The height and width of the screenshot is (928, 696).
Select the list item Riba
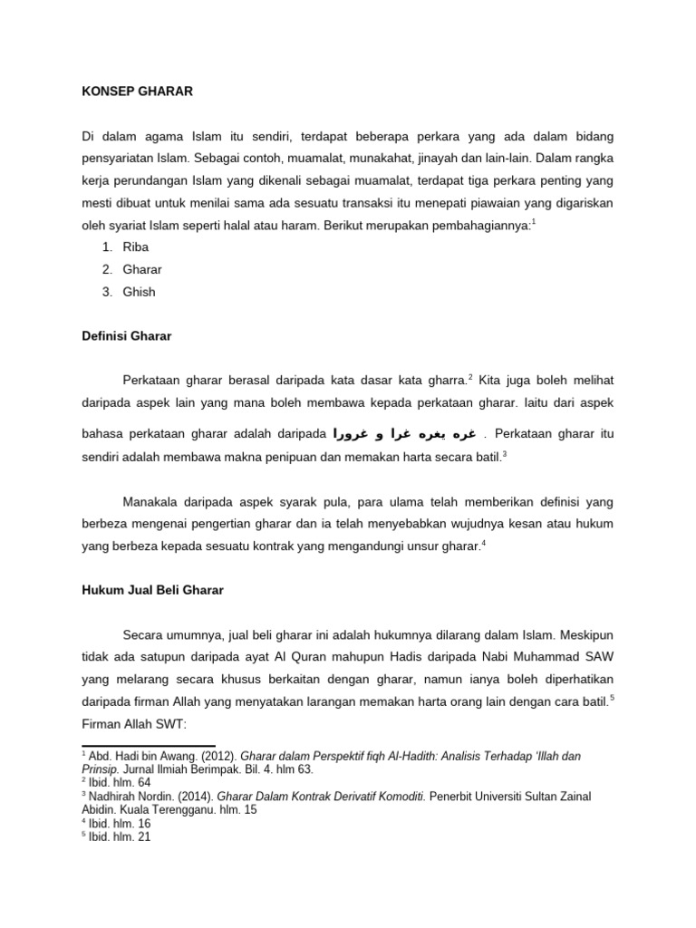tap(133, 246)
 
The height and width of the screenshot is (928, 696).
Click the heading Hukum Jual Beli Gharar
tap(148, 589)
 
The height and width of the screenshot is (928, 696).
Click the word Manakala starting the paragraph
tap(153, 501)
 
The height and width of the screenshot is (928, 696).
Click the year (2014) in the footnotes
tap(191, 797)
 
